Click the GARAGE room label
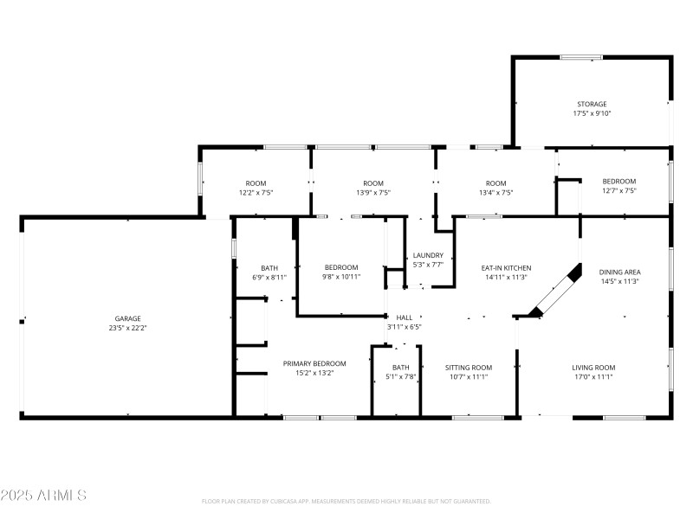(127, 318)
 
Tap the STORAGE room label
(592, 104)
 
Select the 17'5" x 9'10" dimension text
(592, 113)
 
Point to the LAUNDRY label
(428, 255)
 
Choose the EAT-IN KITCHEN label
(506, 268)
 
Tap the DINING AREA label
(620, 272)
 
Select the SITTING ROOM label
(469, 368)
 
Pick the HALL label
(404, 317)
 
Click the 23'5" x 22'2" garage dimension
(127, 328)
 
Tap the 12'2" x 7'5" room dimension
(256, 192)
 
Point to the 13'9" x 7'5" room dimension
(373, 192)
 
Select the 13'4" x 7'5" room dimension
(495, 192)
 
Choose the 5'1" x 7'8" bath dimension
(400, 376)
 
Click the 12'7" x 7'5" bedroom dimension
(619, 190)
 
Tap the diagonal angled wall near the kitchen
(554, 292)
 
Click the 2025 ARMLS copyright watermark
(43, 496)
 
